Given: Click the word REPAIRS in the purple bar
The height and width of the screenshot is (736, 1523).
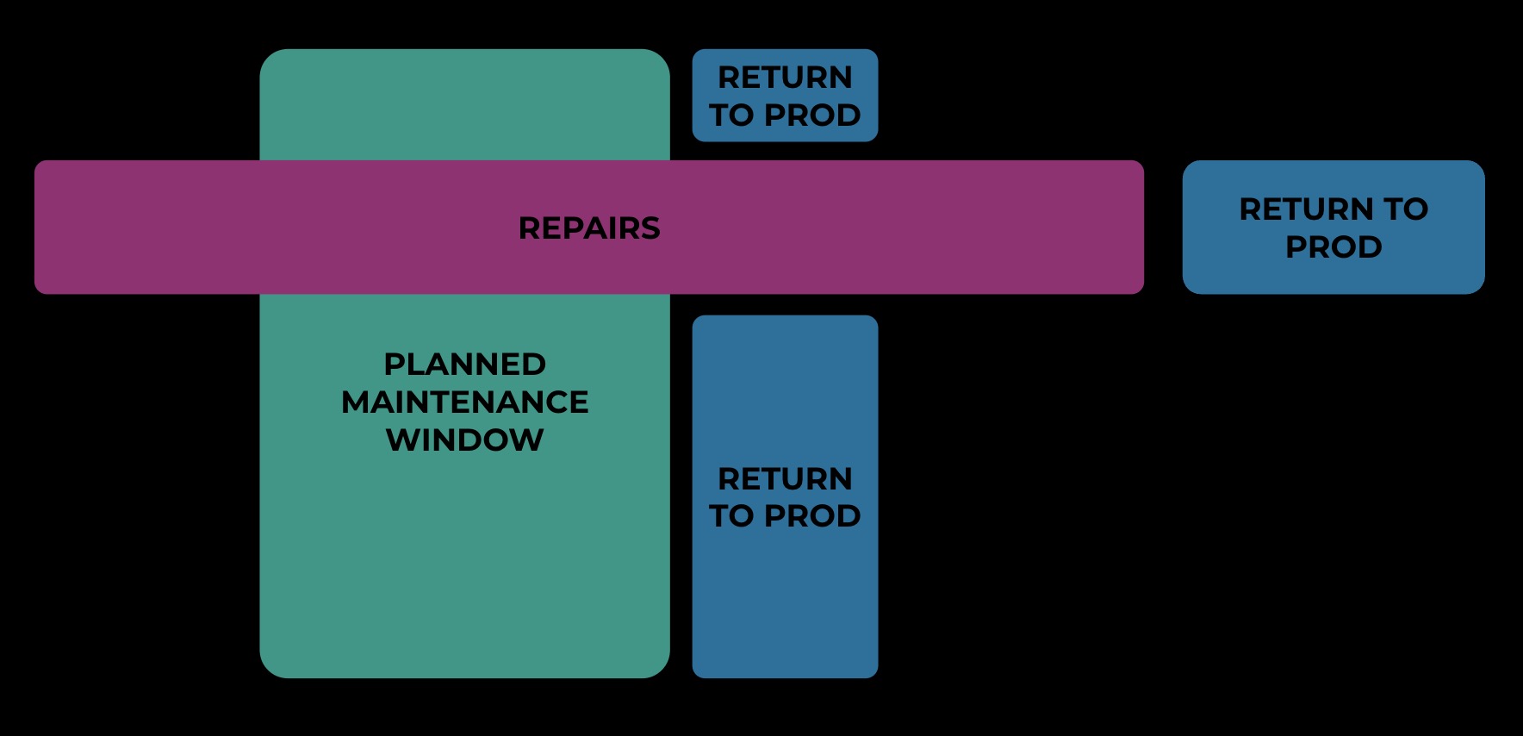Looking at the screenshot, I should (589, 228).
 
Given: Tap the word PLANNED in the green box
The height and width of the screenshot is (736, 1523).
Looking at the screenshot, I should (464, 364).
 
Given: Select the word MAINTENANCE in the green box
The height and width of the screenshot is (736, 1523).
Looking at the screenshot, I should (464, 402).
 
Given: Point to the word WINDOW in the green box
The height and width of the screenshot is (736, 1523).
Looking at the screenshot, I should (464, 440).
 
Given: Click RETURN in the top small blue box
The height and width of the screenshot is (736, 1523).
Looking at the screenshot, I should (785, 78).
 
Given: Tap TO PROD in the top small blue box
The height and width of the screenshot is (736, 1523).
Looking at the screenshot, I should (785, 115).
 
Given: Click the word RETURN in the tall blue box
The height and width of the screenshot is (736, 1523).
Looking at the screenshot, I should (785, 478).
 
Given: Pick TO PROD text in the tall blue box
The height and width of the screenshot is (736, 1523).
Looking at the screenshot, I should (785, 515).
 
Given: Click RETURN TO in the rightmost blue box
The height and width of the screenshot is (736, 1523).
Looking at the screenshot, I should (1333, 209).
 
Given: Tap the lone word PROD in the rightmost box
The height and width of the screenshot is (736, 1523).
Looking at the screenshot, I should (1333, 246).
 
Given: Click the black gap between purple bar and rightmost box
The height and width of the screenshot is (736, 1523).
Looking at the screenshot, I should (1163, 228).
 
